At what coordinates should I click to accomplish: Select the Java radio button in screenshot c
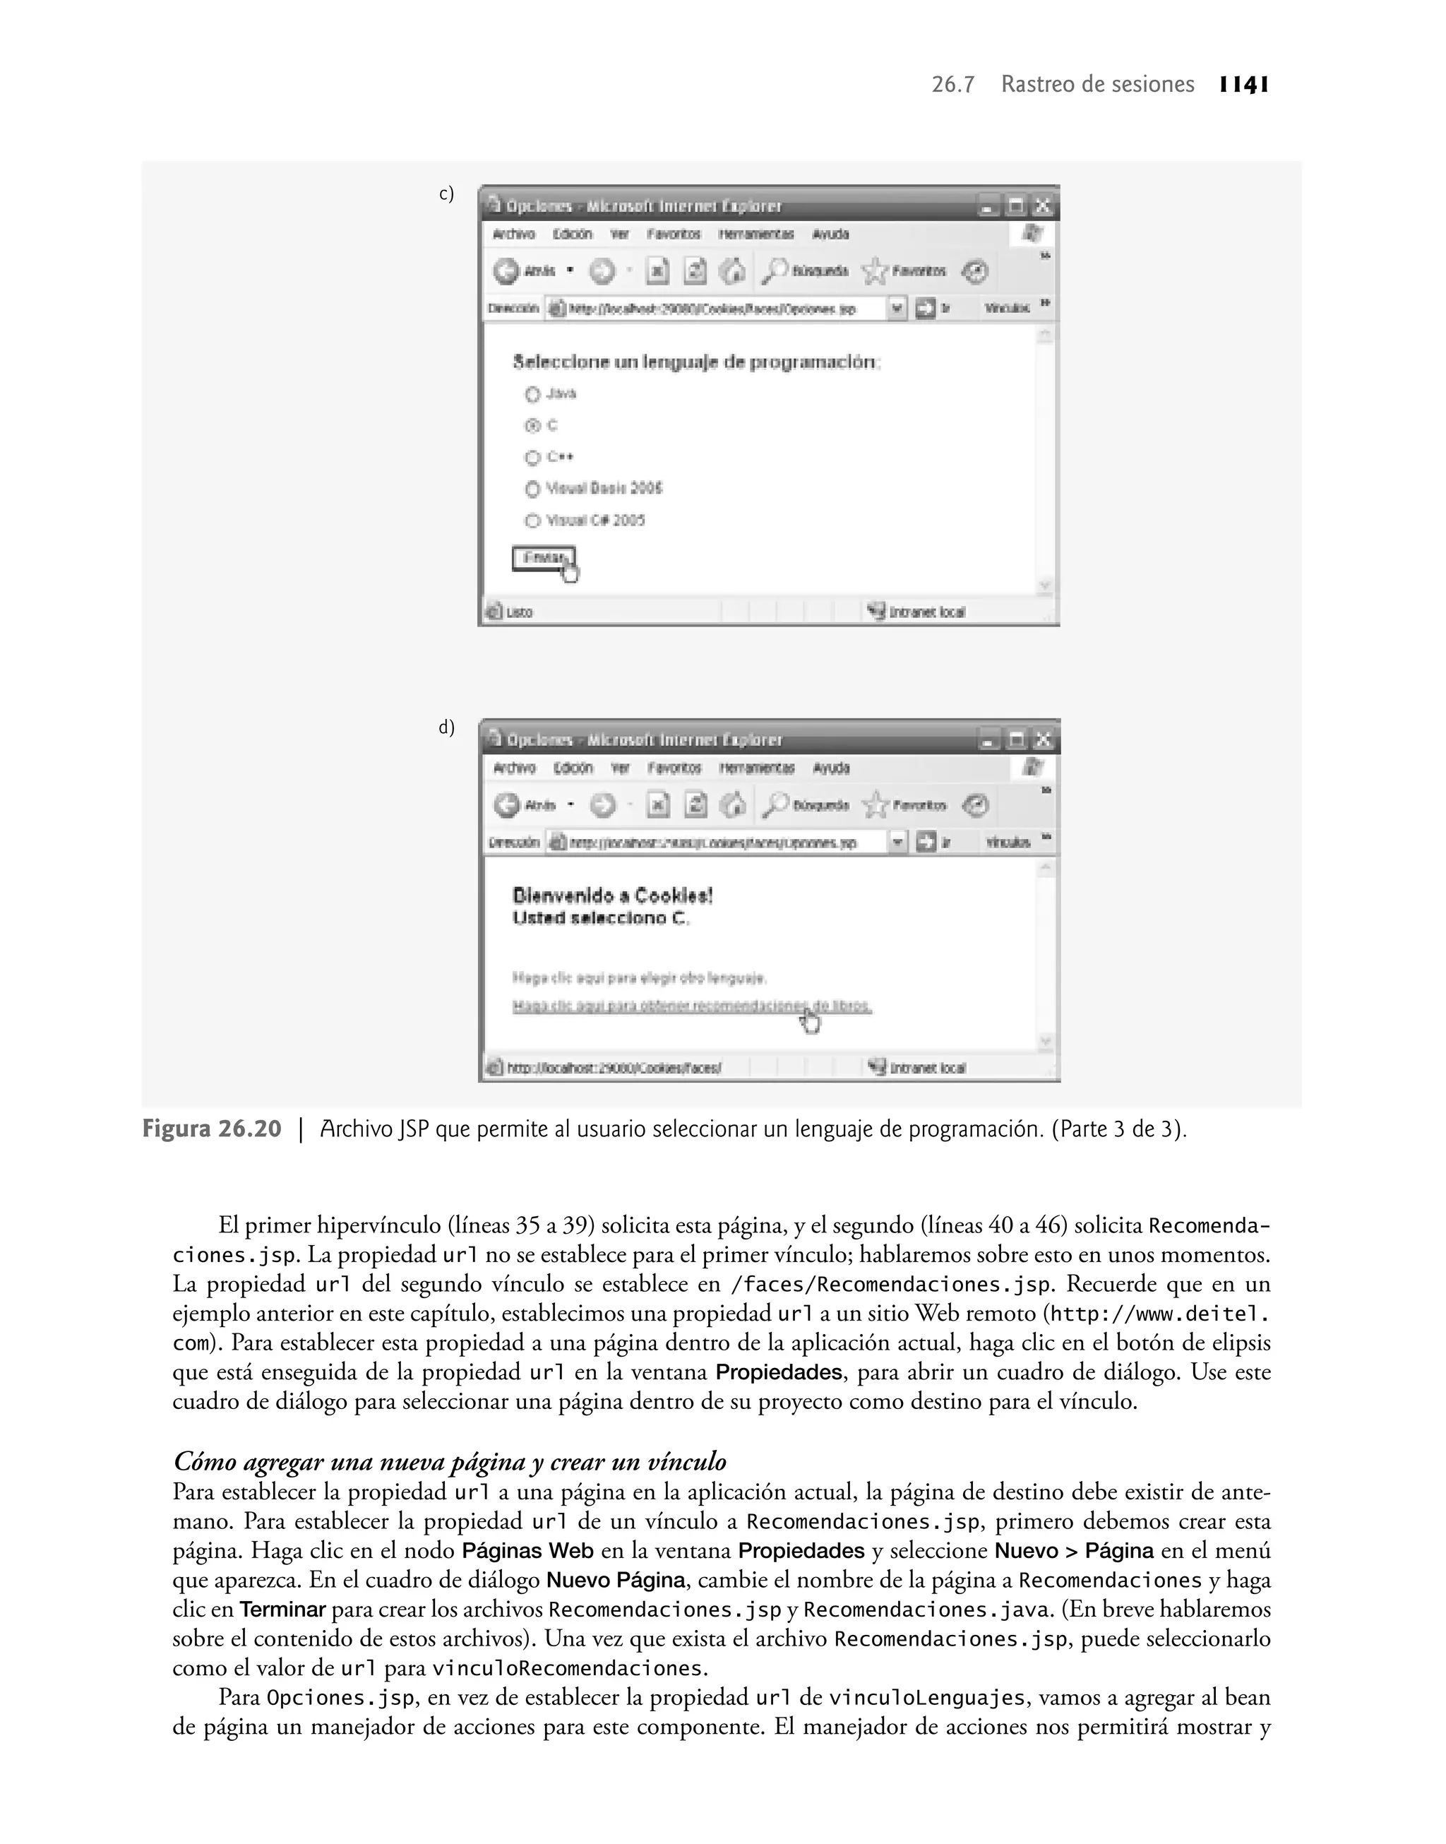pos(532,395)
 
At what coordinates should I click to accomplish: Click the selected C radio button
pos(532,426)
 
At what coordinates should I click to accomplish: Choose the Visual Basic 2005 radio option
pos(532,489)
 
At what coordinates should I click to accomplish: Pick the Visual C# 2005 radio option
pos(532,521)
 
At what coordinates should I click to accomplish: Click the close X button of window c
pos(1043,206)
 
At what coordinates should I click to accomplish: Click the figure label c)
pos(446,194)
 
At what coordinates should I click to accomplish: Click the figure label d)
pos(446,727)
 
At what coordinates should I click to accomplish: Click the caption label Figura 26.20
pos(212,1129)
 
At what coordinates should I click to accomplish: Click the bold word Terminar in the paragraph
pos(282,1610)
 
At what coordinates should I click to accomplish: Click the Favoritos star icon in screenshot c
pos(875,272)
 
